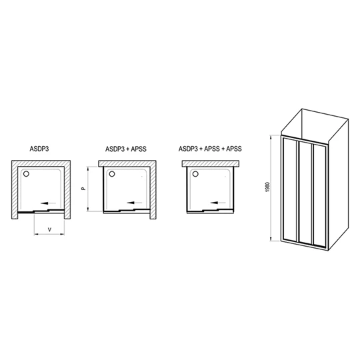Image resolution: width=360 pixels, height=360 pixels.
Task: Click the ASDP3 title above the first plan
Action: pyautogui.click(x=39, y=149)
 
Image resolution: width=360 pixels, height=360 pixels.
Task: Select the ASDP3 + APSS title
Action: pyautogui.click(x=126, y=149)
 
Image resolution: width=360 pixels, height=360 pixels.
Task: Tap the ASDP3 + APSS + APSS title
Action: pyautogui.click(x=210, y=149)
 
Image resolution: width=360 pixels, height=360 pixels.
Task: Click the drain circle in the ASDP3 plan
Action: pyautogui.click(x=27, y=174)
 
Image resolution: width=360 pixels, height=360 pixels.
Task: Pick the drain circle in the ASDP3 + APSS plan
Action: pyautogui.click(x=112, y=174)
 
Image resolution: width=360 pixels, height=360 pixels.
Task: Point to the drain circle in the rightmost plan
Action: pyautogui.click(x=195, y=174)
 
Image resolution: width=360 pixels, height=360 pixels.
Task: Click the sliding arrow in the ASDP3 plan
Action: pyautogui.click(x=48, y=203)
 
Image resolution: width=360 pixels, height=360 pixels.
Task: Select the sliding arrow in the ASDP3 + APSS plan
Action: pyautogui.click(x=134, y=203)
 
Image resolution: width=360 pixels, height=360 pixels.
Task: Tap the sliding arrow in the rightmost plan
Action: pyautogui.click(x=218, y=203)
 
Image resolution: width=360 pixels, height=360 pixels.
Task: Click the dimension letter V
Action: pyautogui.click(x=49, y=229)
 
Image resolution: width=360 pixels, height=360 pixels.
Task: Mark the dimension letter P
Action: pyautogui.click(x=84, y=189)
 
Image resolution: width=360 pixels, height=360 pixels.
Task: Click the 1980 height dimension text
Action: pyautogui.click(x=269, y=187)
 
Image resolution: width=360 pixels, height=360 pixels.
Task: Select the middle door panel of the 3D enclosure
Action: pyautogui.click(x=305, y=193)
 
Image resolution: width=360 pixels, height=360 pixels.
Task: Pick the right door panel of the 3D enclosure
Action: pyautogui.click(x=319, y=195)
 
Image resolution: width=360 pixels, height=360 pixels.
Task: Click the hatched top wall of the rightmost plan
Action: pyautogui.click(x=211, y=163)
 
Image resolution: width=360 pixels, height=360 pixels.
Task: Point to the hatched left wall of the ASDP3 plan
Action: pyautogui.click(x=15, y=189)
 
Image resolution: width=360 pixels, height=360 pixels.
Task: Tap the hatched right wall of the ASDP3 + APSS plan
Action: pyautogui.click(x=153, y=189)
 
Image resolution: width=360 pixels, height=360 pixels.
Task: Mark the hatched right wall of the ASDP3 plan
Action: pyautogui.click(x=67, y=189)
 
